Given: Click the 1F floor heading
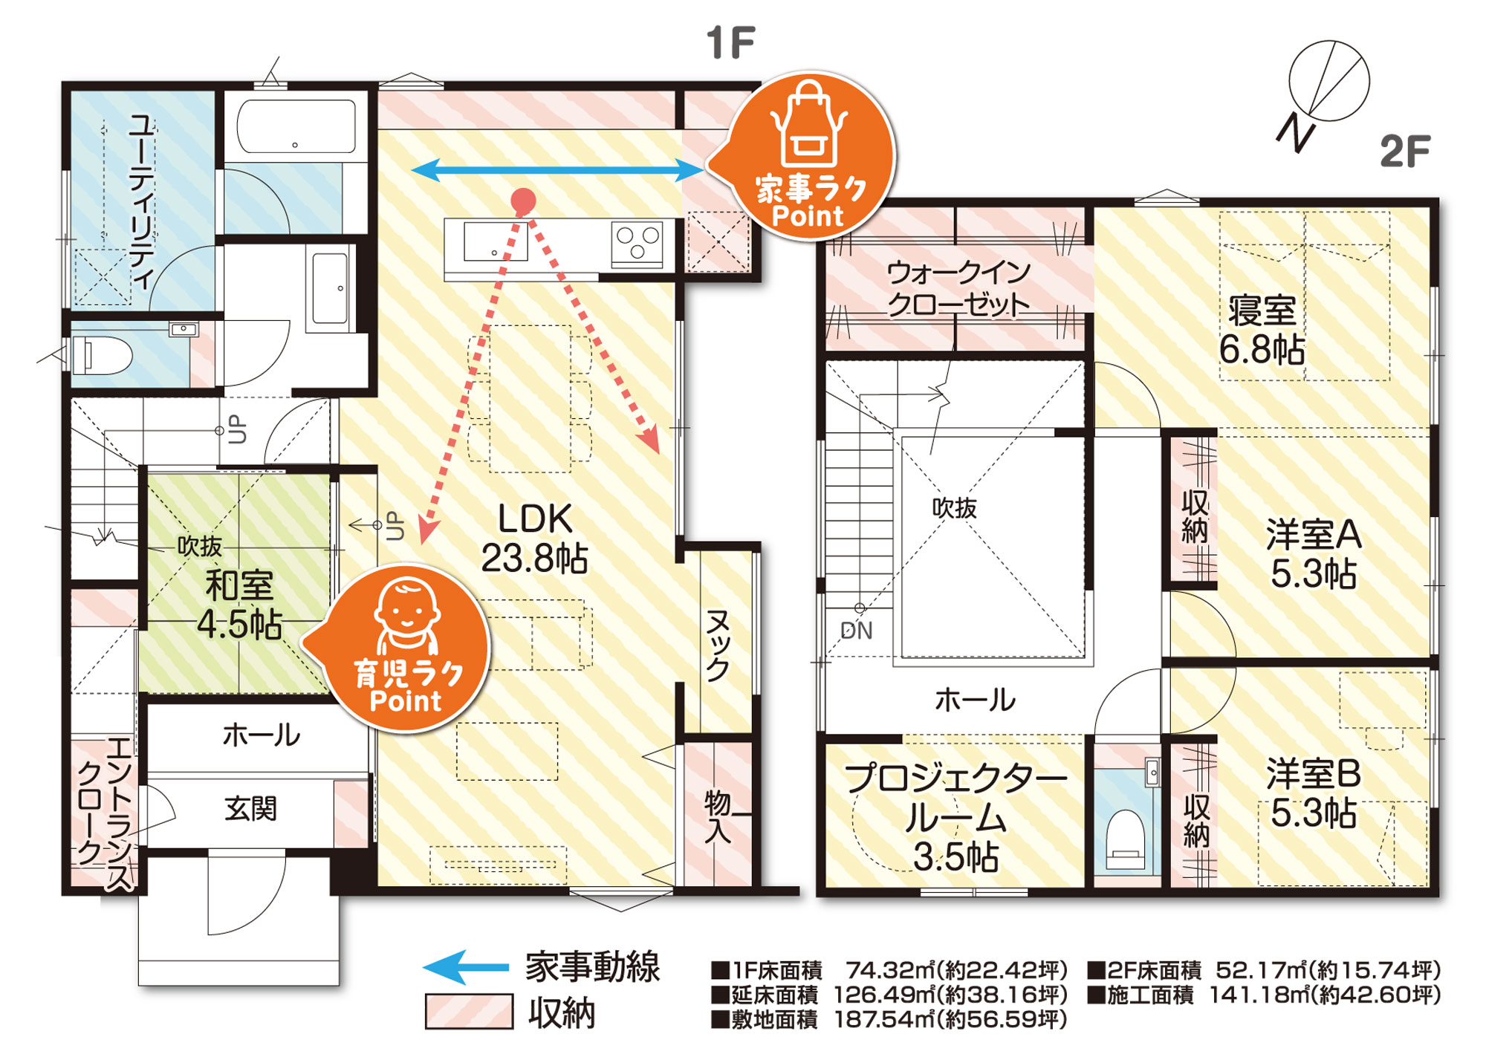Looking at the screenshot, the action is [731, 42].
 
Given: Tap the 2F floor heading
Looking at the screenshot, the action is [1405, 152].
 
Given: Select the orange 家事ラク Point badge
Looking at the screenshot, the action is [810, 156].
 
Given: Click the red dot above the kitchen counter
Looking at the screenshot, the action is [524, 201].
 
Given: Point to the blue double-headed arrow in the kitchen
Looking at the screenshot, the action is [557, 172].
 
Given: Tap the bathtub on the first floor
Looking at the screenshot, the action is [296, 126].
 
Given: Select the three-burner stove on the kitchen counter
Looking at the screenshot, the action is [637, 242].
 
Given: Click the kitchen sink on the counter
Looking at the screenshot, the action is [496, 242].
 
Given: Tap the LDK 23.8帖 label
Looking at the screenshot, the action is [534, 539].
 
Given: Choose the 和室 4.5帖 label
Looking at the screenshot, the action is [239, 605].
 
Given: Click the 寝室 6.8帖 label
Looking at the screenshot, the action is [1262, 330].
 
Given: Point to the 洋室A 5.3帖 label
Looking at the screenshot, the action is [1314, 554].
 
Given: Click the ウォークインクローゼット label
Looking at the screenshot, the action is [958, 289].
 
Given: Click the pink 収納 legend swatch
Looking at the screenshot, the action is [469, 1011].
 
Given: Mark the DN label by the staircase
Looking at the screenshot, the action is [856, 631].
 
